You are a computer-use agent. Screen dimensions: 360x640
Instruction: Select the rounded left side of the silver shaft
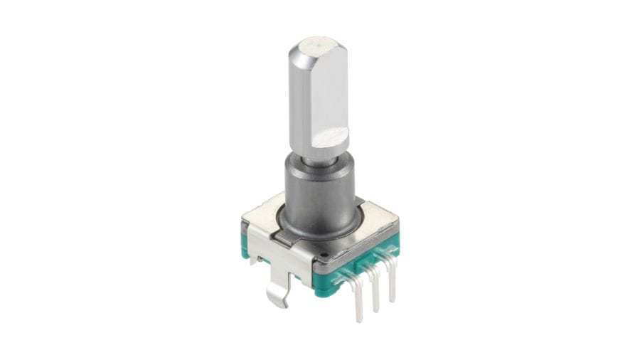click(x=299, y=100)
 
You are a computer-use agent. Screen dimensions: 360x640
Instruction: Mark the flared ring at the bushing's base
click(x=324, y=238)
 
